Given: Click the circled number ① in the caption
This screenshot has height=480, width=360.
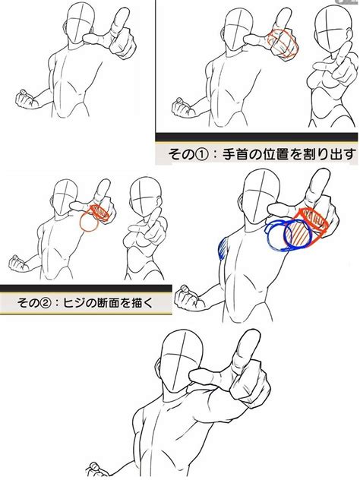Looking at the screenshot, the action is pyautogui.click(x=201, y=154).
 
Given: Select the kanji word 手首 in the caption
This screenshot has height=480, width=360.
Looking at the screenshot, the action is pyautogui.click(x=235, y=153).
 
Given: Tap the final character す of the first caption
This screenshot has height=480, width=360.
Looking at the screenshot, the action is pyautogui.click(x=350, y=153).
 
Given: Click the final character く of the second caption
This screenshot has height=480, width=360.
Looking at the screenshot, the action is pyautogui.click(x=146, y=302).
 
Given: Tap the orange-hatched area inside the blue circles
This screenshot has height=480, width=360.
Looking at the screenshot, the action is pyautogui.click(x=298, y=234).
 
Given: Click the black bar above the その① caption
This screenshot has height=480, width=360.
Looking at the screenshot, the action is pyautogui.click(x=257, y=137).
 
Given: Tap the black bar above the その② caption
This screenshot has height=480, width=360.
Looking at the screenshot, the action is pyautogui.click(x=86, y=288).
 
